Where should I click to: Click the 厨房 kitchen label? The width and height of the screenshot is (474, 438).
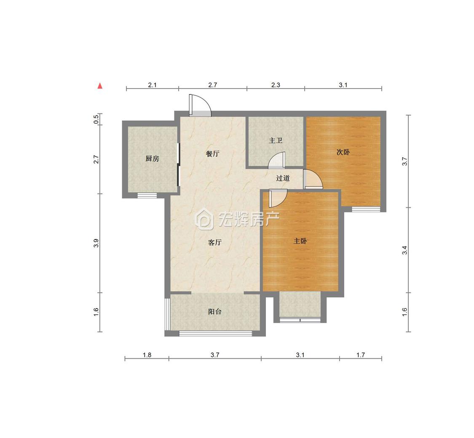[x=152, y=159]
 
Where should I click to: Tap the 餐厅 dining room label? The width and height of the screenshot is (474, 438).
[x=212, y=153]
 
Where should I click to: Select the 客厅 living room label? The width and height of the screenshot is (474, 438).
[x=215, y=242]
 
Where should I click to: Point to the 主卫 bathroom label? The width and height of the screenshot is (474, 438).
[x=276, y=140]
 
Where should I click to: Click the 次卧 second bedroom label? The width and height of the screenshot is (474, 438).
[x=343, y=152]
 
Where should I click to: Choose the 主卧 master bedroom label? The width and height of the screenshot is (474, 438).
[x=300, y=241]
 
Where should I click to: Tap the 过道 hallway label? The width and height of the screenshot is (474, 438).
[x=283, y=178]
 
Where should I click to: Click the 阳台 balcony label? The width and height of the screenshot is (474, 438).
[x=215, y=312]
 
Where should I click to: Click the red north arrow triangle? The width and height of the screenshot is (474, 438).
[x=100, y=86]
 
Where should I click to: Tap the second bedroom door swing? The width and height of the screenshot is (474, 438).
[x=313, y=179]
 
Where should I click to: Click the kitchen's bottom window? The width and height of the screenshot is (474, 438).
[x=147, y=195]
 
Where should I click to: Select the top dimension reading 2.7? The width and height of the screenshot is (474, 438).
[x=212, y=85]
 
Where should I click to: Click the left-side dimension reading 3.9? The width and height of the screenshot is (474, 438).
[x=96, y=243]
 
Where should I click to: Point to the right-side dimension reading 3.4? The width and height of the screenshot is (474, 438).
[x=404, y=250]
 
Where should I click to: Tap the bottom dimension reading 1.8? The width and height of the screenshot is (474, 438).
[x=147, y=355]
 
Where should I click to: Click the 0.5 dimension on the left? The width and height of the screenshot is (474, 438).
[x=96, y=119]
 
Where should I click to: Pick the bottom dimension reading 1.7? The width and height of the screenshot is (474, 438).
[x=361, y=355]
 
